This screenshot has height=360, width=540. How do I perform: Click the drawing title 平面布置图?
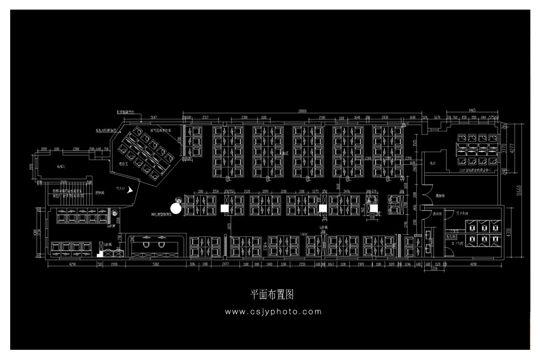pyautogui.click(x=271, y=295)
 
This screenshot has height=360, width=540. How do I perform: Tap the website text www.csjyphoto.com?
pyautogui.click(x=273, y=311)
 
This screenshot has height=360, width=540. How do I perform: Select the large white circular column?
pyautogui.click(x=176, y=208)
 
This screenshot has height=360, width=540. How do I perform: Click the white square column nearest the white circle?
pyautogui.click(x=224, y=208)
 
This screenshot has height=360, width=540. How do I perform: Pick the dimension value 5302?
pyautogui.click(x=155, y=263)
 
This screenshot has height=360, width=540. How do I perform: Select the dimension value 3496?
pyautogui.click(x=346, y=191)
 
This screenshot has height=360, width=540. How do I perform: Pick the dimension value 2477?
pyautogui.click(x=226, y=263)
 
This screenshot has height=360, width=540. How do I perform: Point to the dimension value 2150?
pyautogui.click(x=302, y=263)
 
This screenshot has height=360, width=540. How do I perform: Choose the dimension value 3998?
pyautogui.click(x=114, y=263)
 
